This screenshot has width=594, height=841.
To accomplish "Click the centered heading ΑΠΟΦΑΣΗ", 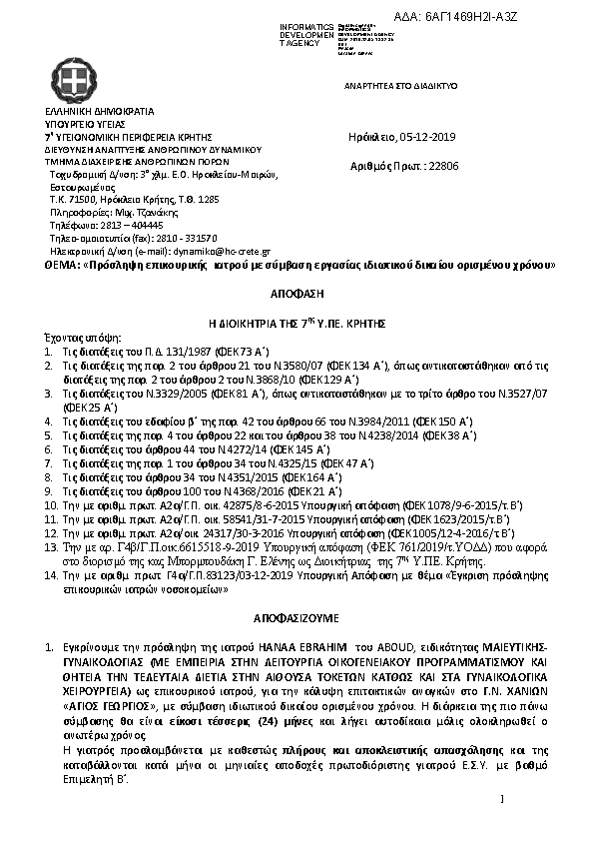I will (x=297, y=298).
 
